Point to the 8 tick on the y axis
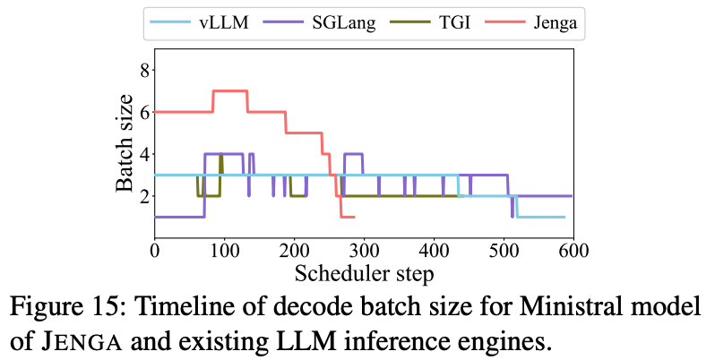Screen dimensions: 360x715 click(x=147, y=70)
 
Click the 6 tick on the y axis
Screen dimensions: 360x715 click(x=147, y=111)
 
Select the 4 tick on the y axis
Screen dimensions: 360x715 click(x=147, y=153)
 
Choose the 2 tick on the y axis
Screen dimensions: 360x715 click(x=147, y=195)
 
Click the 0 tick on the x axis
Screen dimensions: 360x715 click(x=155, y=252)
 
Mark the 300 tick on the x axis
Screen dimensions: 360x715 click(x=364, y=252)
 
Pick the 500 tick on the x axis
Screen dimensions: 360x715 click(x=503, y=252)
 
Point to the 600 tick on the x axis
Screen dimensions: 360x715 click(x=573, y=252)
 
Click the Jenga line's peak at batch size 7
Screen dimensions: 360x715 click(x=230, y=90)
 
